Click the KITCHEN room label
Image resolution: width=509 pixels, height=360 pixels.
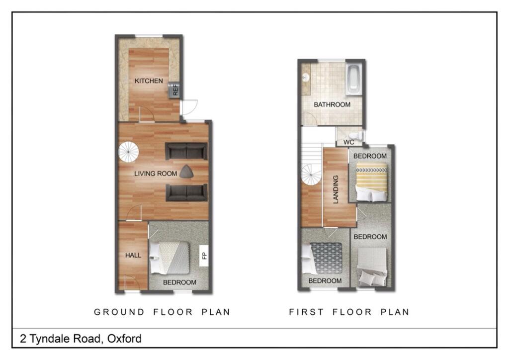click(x=149, y=81)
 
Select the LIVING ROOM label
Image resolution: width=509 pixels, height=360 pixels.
click(x=156, y=174)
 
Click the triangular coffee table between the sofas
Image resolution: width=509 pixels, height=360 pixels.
click(x=187, y=171)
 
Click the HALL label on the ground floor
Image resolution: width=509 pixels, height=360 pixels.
click(x=133, y=255)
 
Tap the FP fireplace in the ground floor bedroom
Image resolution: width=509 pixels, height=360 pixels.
click(x=203, y=256)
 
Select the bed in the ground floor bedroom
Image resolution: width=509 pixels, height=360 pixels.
click(x=170, y=257)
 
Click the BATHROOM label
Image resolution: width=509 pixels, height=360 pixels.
click(x=332, y=104)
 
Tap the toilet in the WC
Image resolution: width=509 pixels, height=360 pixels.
click(x=354, y=135)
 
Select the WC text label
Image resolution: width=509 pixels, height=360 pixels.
click(x=349, y=142)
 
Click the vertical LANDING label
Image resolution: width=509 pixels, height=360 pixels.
click(x=336, y=189)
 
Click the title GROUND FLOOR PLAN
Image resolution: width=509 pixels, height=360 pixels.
click(x=162, y=312)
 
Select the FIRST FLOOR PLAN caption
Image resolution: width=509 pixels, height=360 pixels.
click(x=349, y=312)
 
